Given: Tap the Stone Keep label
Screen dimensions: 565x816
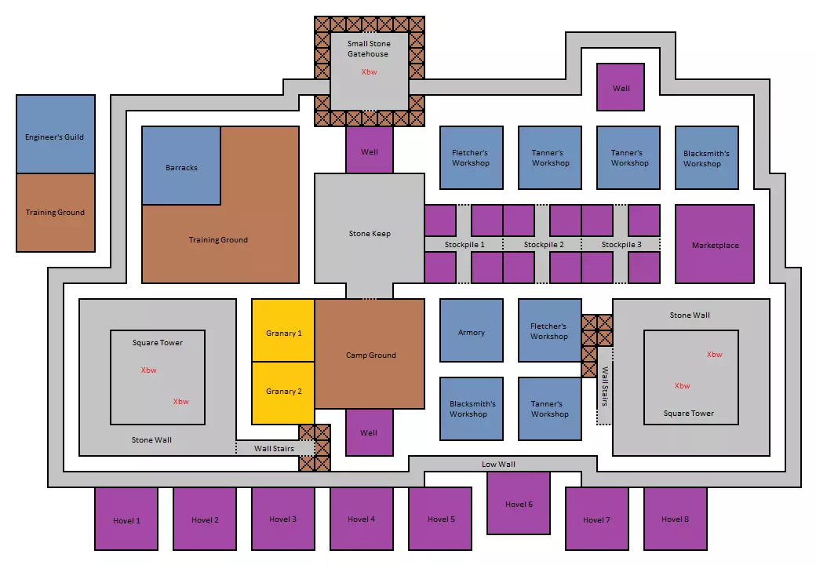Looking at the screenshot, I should (x=370, y=234).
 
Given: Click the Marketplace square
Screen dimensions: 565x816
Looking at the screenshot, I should (x=715, y=245).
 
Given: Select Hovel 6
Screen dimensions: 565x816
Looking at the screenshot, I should (x=519, y=503).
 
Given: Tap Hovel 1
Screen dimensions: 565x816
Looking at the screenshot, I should (x=126, y=519).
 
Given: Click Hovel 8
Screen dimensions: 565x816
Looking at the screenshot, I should (x=676, y=519).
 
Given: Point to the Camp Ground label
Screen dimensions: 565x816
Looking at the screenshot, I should (x=371, y=355).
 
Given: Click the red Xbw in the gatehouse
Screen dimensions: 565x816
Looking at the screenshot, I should (x=369, y=71).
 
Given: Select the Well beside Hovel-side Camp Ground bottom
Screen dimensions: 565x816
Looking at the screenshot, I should (x=369, y=432).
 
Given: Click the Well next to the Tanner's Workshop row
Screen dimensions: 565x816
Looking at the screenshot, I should (x=621, y=87).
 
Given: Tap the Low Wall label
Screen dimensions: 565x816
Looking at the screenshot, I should (x=498, y=465).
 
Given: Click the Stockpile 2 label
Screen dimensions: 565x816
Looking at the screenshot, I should (x=544, y=245).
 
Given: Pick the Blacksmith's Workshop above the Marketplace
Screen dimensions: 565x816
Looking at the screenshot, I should (x=706, y=158).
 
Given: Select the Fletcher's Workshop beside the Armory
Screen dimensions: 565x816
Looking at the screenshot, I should (x=549, y=330).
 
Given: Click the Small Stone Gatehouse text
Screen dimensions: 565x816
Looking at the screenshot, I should (x=369, y=49).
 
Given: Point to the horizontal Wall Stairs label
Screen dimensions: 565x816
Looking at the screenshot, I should (x=274, y=449).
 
